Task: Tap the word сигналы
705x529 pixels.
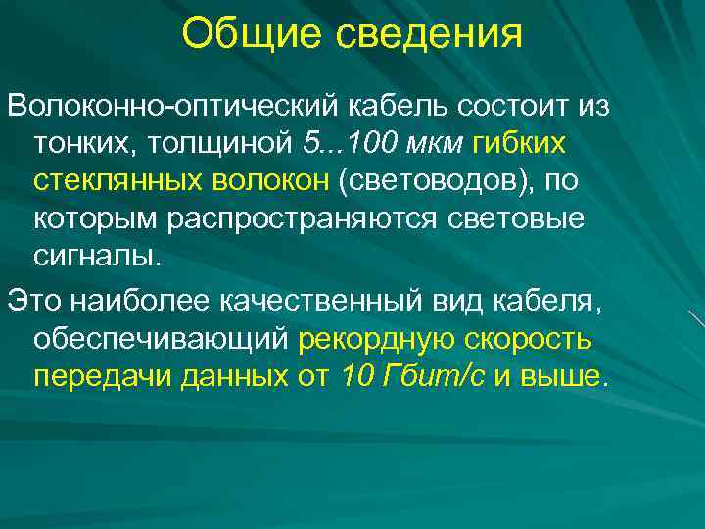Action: [x=94, y=257]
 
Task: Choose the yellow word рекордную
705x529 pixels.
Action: [x=378, y=340]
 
